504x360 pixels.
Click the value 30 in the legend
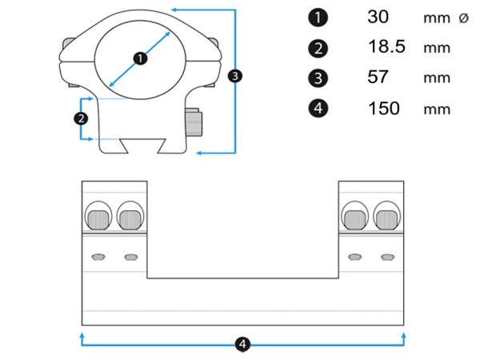[x=378, y=17]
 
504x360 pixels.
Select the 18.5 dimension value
[x=386, y=46]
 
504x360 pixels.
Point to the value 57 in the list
[x=378, y=77]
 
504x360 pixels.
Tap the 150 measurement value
[x=384, y=108]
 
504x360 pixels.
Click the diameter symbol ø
[x=463, y=18]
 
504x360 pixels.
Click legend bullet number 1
[x=318, y=18]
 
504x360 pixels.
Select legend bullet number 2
[x=318, y=49]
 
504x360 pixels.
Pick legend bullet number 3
[x=318, y=78]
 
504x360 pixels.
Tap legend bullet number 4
[x=318, y=108]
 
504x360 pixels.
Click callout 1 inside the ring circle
[x=140, y=58]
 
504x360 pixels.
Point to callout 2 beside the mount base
[x=81, y=118]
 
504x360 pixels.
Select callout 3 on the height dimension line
[x=235, y=76]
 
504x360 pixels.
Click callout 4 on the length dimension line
[x=242, y=344]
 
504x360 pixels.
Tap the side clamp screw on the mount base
[x=194, y=122]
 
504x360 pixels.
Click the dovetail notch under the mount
[x=143, y=146]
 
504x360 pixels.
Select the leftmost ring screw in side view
[x=98, y=219]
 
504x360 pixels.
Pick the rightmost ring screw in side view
[x=386, y=219]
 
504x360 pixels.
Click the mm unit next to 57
[x=437, y=78]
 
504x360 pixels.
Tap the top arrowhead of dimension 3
[x=174, y=10]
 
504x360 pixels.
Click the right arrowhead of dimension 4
[x=404, y=336]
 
